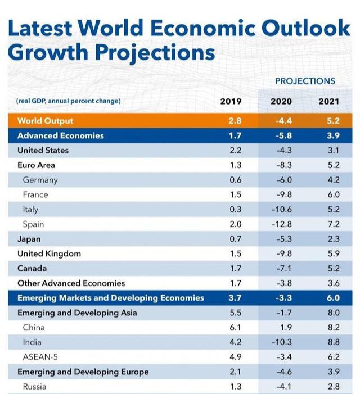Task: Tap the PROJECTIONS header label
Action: [305, 81]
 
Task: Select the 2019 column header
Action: [231, 101]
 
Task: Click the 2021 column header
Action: [329, 101]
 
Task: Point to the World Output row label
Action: [45, 121]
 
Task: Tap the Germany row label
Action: [40, 180]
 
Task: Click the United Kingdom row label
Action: [49, 253]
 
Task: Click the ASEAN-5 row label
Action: [42, 356]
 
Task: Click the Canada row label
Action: [32, 268]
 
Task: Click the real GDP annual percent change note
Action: [69, 101]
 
